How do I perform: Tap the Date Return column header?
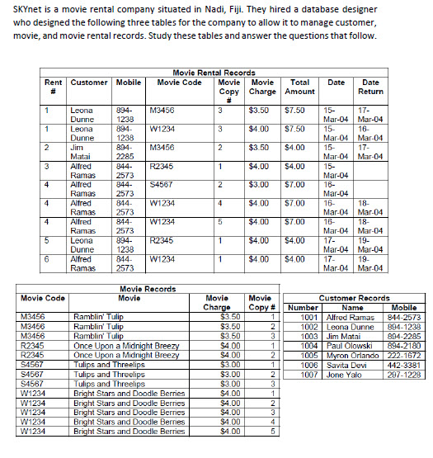370,87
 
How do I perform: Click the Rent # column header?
54,87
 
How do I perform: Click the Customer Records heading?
354,298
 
